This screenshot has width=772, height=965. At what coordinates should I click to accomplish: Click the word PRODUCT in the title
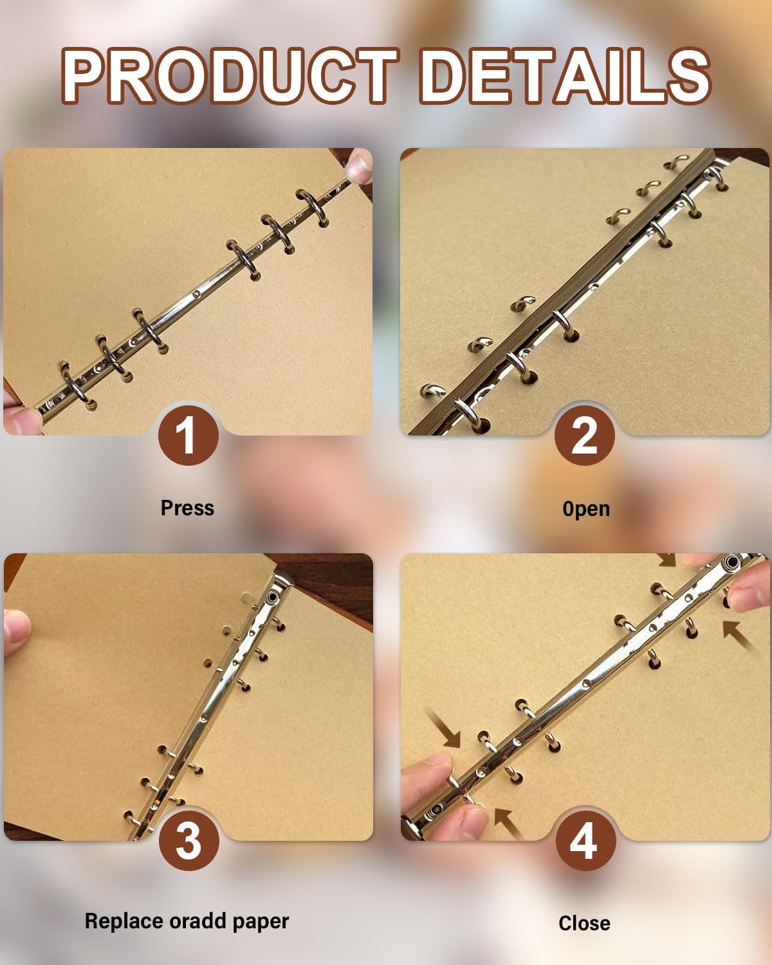[x=230, y=76]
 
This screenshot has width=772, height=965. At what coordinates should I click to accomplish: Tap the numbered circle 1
[x=188, y=435]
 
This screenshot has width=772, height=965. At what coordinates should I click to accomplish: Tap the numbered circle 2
[x=585, y=435]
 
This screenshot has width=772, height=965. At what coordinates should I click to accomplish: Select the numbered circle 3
[x=189, y=841]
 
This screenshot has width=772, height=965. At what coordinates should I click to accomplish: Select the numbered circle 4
[x=585, y=841]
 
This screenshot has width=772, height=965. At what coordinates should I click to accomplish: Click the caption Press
[x=187, y=508]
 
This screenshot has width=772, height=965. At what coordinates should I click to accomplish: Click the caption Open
[x=586, y=509]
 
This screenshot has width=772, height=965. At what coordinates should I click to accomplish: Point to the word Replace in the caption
[x=124, y=921]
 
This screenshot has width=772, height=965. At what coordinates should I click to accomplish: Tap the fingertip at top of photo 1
[x=359, y=165]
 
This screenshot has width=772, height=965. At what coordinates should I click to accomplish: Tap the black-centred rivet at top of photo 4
[x=732, y=562]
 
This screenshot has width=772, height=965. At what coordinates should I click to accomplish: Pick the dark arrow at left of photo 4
[x=444, y=728]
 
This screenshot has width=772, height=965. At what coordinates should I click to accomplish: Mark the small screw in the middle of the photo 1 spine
[x=196, y=295]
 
